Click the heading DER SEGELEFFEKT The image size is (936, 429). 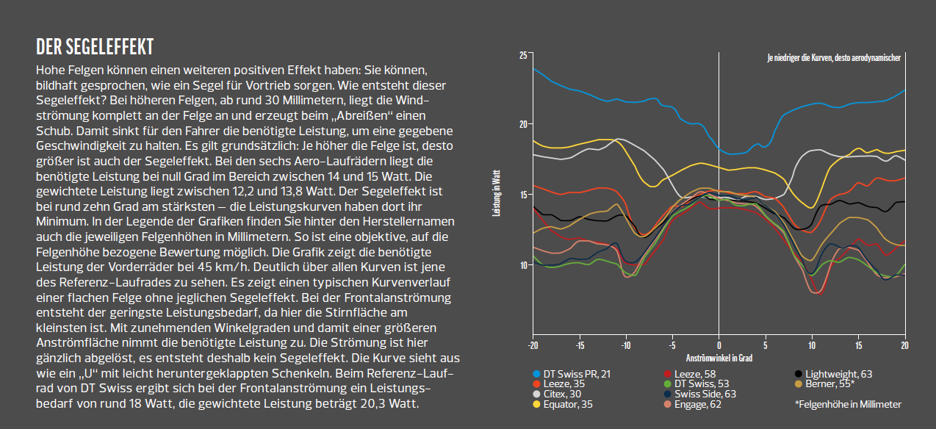coord(94,48)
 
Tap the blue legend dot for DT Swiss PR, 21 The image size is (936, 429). coord(536,374)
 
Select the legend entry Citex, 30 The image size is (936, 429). coord(565,394)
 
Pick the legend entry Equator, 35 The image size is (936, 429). coord(572,404)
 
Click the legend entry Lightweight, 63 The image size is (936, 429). coord(838,374)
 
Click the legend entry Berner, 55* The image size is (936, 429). coord(829,383)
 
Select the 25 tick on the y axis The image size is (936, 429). coord(522,55)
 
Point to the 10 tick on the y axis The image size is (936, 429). coord(522,264)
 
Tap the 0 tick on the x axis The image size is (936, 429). coord(719,345)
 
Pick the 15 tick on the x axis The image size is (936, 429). coord(857,345)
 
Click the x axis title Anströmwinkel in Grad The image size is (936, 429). coord(719,359)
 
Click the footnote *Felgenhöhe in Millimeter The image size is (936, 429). coord(848,404)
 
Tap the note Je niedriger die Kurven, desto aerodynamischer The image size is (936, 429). coord(833,57)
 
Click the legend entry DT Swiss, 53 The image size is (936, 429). coord(703,383)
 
